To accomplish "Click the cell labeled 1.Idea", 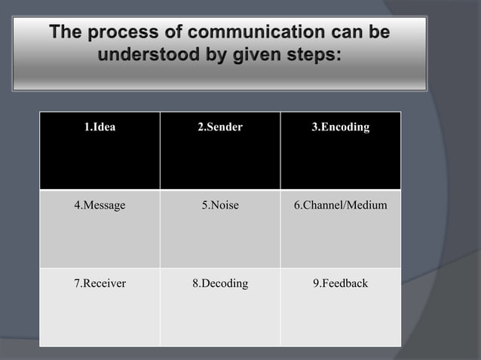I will pos(100,127).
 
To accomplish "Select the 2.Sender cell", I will pos(219,127).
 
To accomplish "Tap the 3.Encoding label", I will pos(340,127).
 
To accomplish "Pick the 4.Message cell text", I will pos(100,205).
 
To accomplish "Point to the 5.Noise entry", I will pos(219,205).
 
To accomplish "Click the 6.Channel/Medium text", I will pos(340,205).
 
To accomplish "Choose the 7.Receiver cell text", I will pos(100,283).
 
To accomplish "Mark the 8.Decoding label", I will pos(219,283).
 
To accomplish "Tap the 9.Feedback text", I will pos(340,283).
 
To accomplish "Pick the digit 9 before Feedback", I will pos(315,283).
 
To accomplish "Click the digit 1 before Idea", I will pos(86,127).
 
